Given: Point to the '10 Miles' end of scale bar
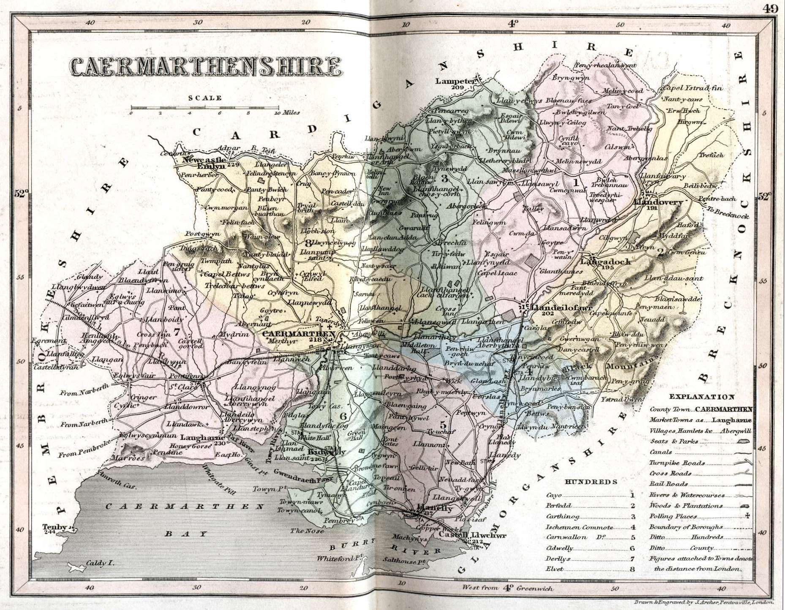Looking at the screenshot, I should (287, 113).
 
